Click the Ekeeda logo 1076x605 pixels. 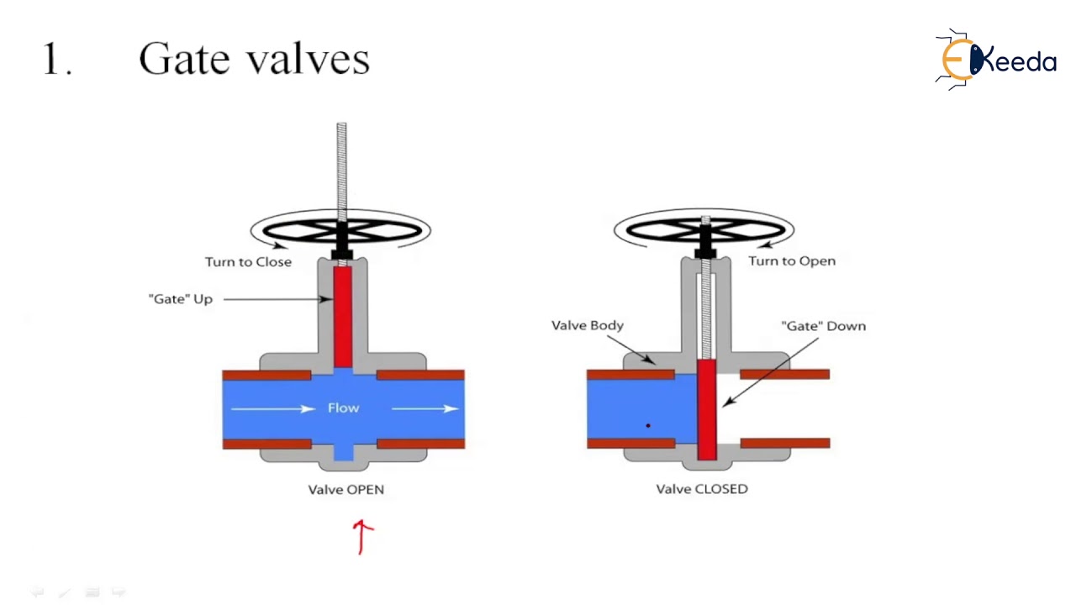[x=996, y=60]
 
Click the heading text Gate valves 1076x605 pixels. [x=254, y=60]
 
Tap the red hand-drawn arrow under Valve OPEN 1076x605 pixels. [x=362, y=536]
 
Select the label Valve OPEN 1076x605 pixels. [x=345, y=489]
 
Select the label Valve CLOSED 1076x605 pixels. [x=701, y=488]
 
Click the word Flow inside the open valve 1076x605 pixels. [x=343, y=408]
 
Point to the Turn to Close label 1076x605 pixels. [x=248, y=261]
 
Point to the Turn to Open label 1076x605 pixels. [x=792, y=260]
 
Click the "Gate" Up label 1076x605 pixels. [x=181, y=298]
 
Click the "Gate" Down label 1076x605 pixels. [x=823, y=325]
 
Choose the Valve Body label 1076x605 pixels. [x=587, y=324]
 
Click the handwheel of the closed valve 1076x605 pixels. [x=704, y=229]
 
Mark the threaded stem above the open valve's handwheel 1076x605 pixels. [x=341, y=168]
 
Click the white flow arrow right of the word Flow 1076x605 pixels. [x=425, y=408]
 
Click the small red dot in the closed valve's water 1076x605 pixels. [x=648, y=426]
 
